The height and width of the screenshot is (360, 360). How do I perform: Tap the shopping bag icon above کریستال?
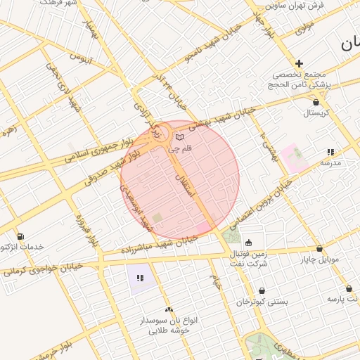tap(316, 102)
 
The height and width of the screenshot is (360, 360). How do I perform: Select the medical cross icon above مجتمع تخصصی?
tap(300, 63)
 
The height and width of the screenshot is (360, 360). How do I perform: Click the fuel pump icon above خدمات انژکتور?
tap(20, 236)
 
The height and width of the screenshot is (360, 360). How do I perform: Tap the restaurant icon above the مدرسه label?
tap(330, 152)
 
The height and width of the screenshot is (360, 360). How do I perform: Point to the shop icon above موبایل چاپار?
tap(319, 248)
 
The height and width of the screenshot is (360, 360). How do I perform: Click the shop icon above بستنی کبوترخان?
tap(262, 290)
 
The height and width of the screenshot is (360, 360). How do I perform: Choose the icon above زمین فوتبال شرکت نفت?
tap(248, 243)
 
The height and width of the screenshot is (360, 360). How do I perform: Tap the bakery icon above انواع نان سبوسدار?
tap(168, 309)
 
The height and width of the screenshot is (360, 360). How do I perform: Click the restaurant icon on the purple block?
tap(140, 278)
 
